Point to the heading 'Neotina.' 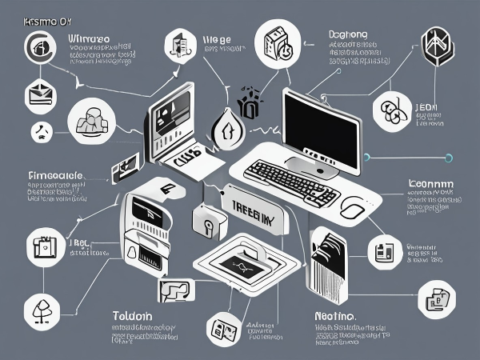[333, 316]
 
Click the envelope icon [41, 94]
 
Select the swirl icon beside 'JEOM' [393, 113]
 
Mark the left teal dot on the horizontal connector [367, 156]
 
